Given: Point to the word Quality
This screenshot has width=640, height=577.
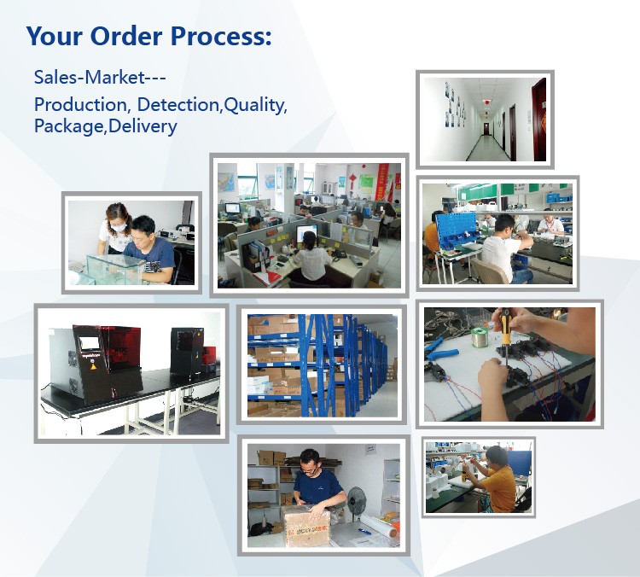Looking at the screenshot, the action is point(255,106).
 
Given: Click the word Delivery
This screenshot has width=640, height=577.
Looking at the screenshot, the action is point(143,126).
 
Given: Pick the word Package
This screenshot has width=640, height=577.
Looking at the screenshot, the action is point(70,127).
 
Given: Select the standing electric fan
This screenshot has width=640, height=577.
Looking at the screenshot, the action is point(357,502).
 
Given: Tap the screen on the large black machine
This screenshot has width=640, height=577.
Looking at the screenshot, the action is point(90,343).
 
